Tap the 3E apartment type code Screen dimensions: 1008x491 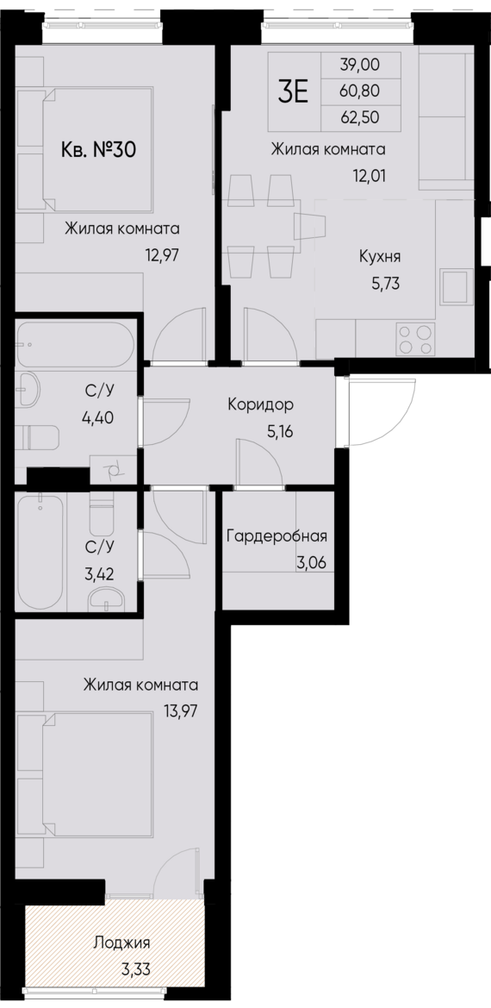pyautogui.click(x=293, y=91)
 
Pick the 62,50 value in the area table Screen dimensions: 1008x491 pyautogui.click(x=359, y=114)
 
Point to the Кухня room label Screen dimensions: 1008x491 pyautogui.click(x=380, y=256)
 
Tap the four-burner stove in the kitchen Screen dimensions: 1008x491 pyautogui.click(x=414, y=338)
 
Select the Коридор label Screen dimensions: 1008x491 pyautogui.click(x=260, y=404)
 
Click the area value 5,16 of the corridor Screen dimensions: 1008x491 pyautogui.click(x=281, y=431)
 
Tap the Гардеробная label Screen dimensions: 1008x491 pyautogui.click(x=277, y=537)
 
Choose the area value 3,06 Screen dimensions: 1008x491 pyautogui.click(x=310, y=564)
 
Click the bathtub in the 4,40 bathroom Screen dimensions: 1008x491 pyautogui.click(x=75, y=345)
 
